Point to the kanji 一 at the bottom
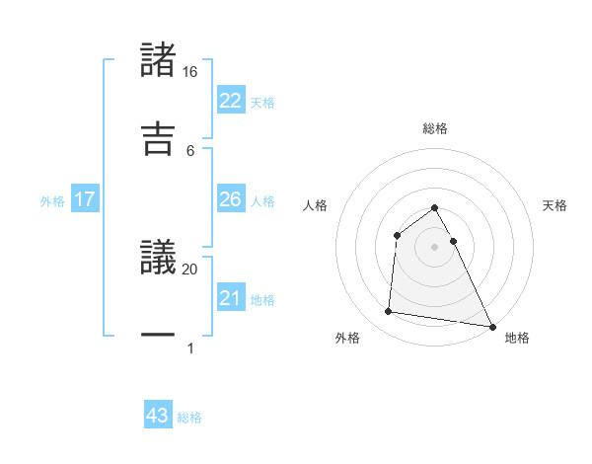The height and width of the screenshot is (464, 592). [159, 336]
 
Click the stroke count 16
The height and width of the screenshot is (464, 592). [189, 72]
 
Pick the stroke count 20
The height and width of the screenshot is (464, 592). [189, 269]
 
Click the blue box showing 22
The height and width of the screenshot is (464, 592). [231, 101]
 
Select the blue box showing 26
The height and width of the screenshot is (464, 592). [231, 199]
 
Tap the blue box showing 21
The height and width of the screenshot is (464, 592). [231, 298]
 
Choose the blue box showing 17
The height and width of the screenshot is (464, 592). [85, 199]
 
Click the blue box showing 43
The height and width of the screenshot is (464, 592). [158, 416]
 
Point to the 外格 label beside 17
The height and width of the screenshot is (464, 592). [52, 200]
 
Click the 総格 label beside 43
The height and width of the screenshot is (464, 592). [189, 417]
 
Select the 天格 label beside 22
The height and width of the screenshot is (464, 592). [262, 102]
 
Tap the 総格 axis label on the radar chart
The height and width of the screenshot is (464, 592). [434, 128]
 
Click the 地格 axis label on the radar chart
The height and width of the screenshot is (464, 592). [516, 338]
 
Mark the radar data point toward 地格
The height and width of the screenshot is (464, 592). [491, 325]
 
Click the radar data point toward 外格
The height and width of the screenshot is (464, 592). [389, 312]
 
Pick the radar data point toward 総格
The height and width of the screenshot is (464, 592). [434, 208]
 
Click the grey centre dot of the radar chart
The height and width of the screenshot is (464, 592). [434, 246]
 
